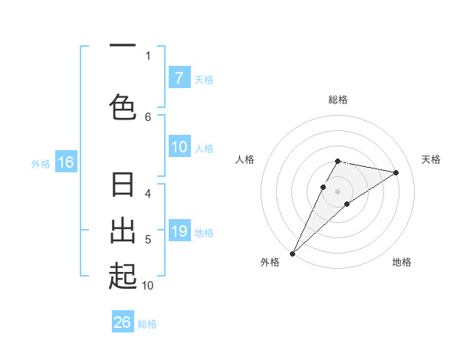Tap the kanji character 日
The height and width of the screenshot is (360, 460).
tap(123, 186)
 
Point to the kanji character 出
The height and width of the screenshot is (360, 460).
tap(123, 231)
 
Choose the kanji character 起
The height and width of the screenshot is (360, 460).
tap(123, 277)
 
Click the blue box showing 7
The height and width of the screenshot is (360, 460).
tap(179, 78)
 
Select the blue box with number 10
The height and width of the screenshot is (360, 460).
tap(179, 148)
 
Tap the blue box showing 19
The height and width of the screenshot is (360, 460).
tap(179, 231)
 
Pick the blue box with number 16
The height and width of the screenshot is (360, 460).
tap(66, 162)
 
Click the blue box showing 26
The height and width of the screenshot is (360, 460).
tap(123, 323)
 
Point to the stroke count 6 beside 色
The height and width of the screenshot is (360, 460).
tap(148, 116)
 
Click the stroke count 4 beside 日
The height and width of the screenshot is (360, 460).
tap(148, 194)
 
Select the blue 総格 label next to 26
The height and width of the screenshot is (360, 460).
tap(147, 324)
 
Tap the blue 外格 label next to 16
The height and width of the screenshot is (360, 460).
tap(41, 163)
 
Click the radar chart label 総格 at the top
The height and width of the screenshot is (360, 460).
tap(338, 100)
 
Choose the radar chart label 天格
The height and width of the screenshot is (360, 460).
tap(432, 159)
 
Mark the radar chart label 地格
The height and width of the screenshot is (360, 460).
tap(402, 262)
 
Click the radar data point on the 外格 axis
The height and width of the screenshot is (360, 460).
tap(292, 253)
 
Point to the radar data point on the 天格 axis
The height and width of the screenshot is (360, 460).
tap(396, 172)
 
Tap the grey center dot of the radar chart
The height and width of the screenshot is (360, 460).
tap(338, 191)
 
